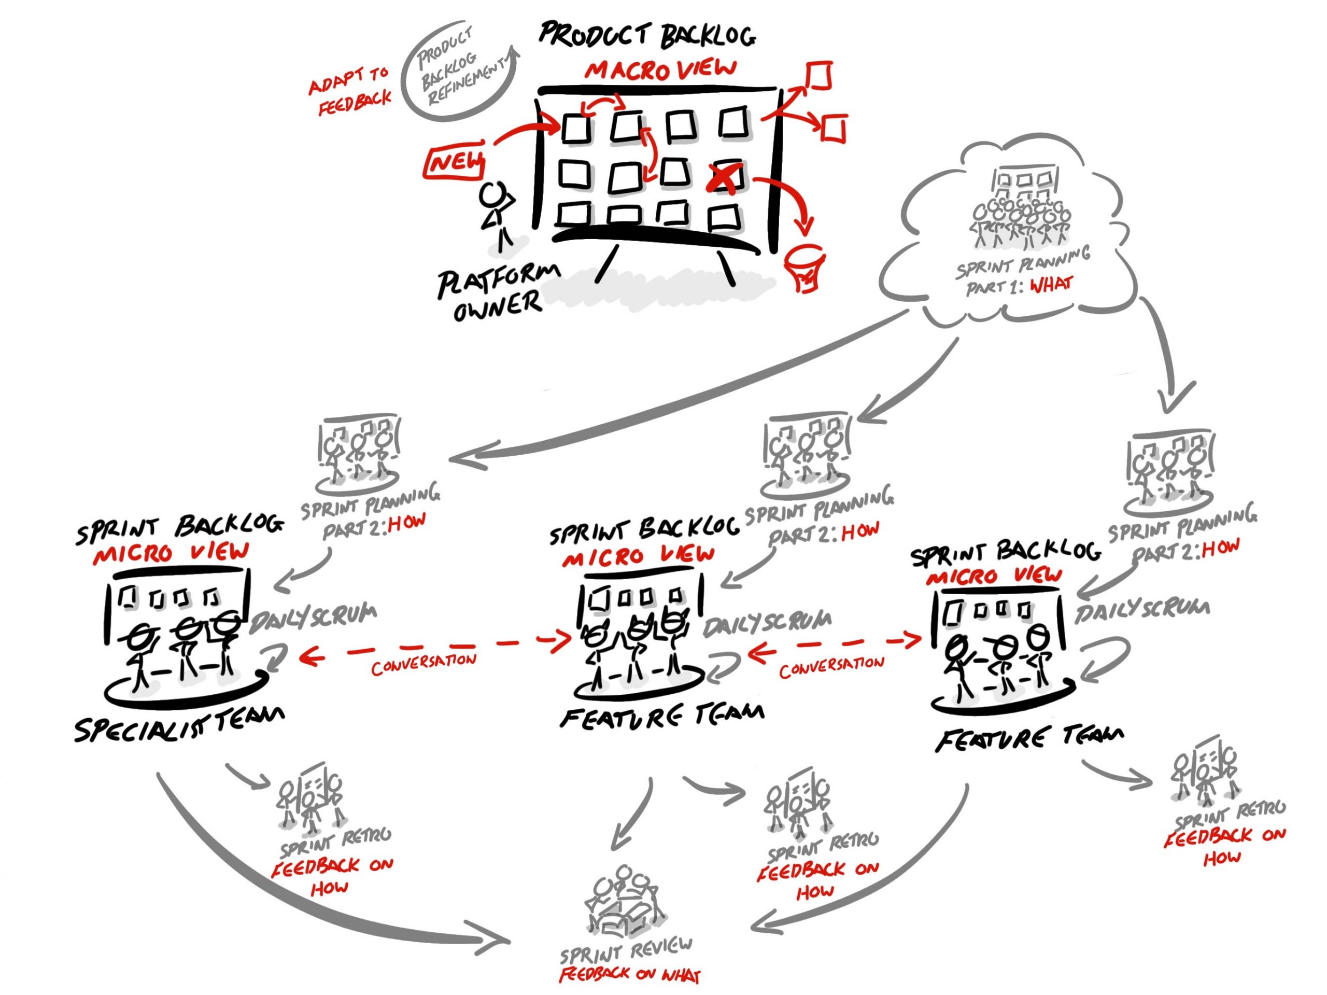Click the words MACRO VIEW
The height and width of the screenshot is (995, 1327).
660,69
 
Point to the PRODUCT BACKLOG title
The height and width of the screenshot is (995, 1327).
647,35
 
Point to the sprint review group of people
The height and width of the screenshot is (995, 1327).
624,900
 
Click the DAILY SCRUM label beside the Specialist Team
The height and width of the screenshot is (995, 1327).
313,619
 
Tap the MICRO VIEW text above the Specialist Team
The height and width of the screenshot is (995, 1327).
171,553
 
